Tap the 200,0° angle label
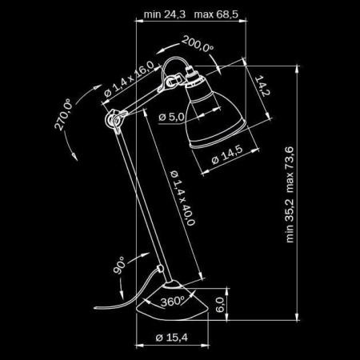click(x=198, y=46)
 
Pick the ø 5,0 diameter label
click(x=172, y=118)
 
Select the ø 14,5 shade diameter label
click(x=227, y=157)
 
